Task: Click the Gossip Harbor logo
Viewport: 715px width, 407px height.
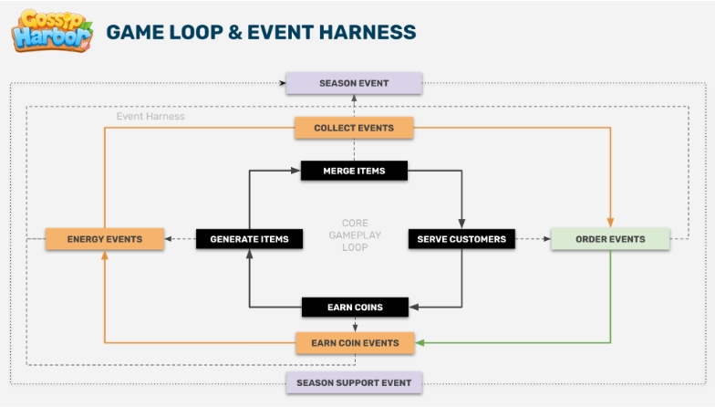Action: point(52,31)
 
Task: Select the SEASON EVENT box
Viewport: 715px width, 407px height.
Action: point(354,83)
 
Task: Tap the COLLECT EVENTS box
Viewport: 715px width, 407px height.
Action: point(354,128)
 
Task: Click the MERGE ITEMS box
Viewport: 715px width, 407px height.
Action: point(354,171)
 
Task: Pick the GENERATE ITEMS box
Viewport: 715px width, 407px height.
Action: point(250,239)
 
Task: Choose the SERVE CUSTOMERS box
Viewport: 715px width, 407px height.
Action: point(461,239)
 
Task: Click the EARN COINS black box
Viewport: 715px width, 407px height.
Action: point(355,307)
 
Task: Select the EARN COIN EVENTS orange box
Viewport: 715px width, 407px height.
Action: point(355,343)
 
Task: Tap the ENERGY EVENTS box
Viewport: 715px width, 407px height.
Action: point(104,239)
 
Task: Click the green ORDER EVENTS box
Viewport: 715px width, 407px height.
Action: point(610,239)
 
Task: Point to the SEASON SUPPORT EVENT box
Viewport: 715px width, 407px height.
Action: point(354,382)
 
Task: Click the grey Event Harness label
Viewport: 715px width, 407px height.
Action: point(150,117)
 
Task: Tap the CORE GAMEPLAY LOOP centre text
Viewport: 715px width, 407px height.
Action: point(355,235)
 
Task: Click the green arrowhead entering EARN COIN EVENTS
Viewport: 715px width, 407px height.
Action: point(420,343)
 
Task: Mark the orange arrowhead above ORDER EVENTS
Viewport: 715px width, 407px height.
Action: point(610,223)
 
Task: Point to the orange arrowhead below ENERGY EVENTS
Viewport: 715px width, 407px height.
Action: point(104,256)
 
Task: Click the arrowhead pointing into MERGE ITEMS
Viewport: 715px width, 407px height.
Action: point(295,171)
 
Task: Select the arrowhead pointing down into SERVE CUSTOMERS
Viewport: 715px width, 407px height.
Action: point(461,224)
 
